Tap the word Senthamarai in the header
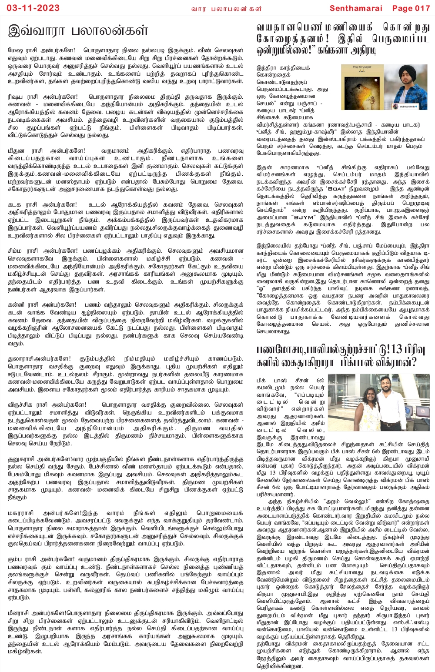356,8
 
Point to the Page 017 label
411,8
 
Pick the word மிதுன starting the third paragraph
17,150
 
